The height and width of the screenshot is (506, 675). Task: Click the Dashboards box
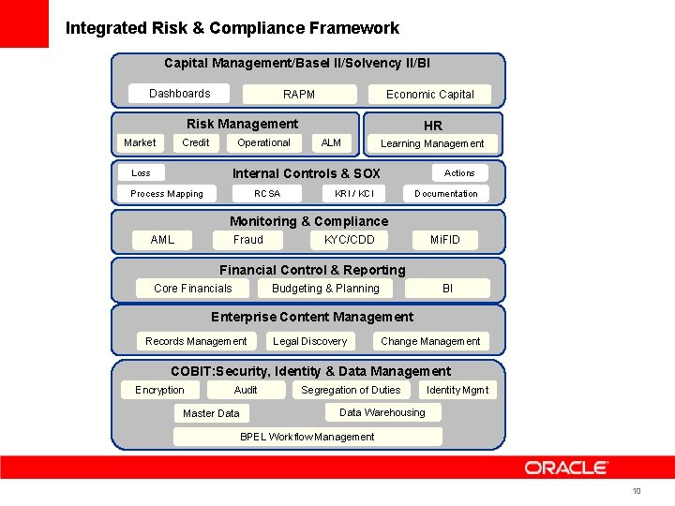click(180, 94)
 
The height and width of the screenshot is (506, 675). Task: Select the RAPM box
click(299, 95)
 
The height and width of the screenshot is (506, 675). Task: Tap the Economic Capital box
click(430, 95)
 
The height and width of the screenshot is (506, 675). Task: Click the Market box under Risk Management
click(140, 142)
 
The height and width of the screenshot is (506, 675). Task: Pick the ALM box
click(331, 142)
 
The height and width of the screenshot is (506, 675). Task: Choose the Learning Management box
click(432, 143)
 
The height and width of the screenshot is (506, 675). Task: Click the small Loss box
click(141, 172)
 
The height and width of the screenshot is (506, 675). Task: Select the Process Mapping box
click(167, 194)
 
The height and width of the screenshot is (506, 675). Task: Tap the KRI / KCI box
click(354, 194)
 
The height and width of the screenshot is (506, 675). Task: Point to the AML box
click(162, 240)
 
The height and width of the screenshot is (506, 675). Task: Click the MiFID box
click(445, 240)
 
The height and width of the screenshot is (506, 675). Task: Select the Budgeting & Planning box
click(325, 289)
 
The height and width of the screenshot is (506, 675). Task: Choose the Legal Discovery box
click(309, 341)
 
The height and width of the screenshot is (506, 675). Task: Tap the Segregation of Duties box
click(351, 390)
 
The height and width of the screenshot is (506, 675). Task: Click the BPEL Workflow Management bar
click(307, 437)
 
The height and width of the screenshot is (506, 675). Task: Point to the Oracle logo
click(566, 468)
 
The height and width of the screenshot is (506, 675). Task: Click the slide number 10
click(637, 492)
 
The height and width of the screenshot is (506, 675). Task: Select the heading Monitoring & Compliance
click(308, 221)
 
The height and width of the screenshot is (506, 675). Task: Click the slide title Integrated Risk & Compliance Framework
click(232, 28)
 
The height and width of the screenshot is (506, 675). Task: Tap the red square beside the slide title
click(24, 23)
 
